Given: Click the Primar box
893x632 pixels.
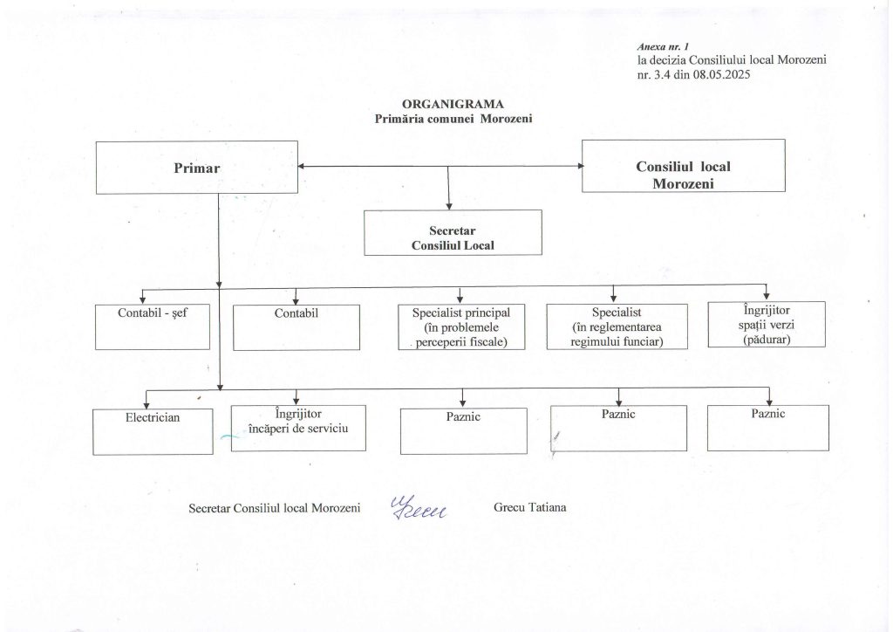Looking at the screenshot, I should coord(196,167).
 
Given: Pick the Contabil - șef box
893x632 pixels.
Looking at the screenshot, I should coord(153,326).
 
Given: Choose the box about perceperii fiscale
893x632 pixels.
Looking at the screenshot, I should coord(460,326).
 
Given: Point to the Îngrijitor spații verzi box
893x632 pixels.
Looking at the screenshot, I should coord(765,325).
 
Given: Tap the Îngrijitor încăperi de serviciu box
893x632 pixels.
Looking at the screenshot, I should coord(297,427).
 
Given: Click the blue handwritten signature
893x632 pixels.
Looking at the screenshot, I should coord(418,505).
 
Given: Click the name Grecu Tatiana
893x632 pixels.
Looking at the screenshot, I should coord(530,507).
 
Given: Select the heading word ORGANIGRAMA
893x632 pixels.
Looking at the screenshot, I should coord(453,103).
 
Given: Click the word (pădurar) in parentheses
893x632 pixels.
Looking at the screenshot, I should coord(765,340).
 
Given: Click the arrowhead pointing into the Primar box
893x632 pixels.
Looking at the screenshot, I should coord(302,166).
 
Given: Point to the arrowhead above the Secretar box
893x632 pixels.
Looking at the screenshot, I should coord(448,206).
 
